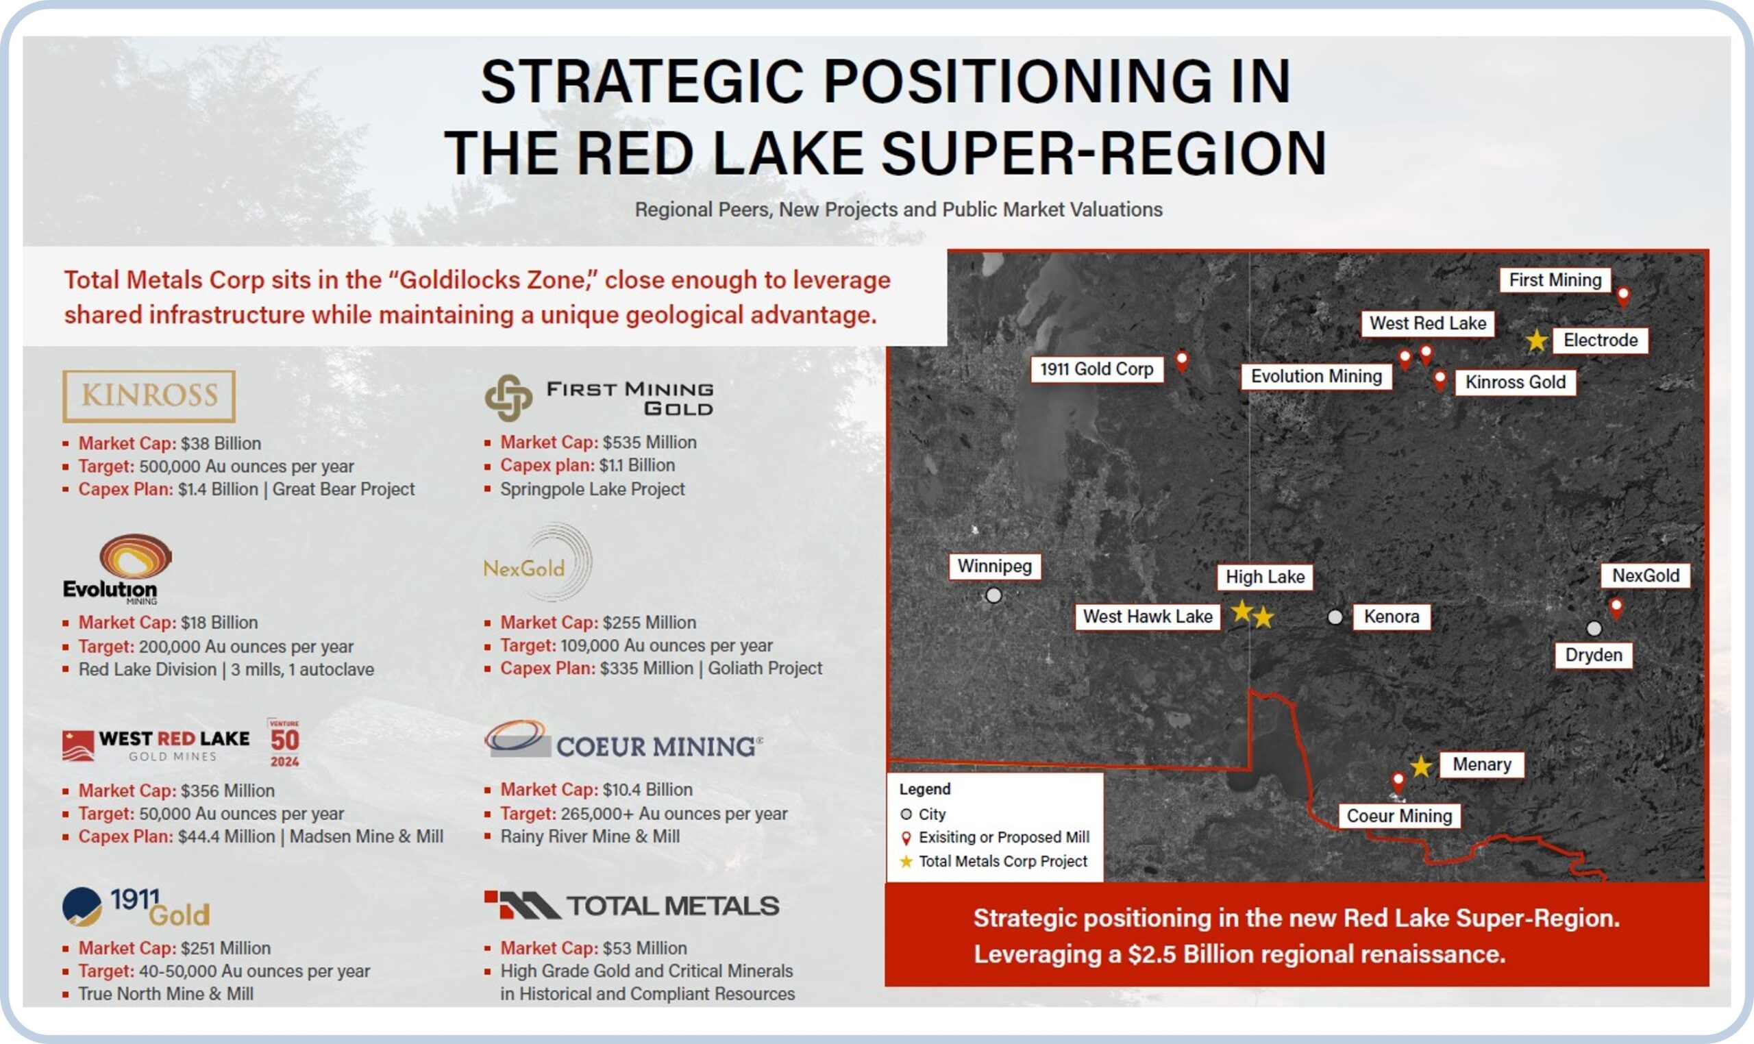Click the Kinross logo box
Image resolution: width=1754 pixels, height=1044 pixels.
pos(149,396)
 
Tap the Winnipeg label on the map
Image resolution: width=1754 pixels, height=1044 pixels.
pos(994,567)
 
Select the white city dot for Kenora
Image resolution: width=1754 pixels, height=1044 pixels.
pos(1335,617)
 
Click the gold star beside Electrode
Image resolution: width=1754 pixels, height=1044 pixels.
pos(1537,340)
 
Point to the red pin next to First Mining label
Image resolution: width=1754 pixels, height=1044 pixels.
pos(1622,296)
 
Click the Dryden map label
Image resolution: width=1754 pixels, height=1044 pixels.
pos(1593,655)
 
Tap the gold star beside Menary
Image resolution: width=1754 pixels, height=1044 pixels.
pos(1420,766)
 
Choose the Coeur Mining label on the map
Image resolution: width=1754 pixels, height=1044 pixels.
pos(1398,816)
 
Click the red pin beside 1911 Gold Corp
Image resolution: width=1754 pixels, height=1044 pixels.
pos(1182,362)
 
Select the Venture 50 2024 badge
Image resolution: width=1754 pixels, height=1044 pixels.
pos(284,743)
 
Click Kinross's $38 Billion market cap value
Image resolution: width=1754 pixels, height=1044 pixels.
pos(221,443)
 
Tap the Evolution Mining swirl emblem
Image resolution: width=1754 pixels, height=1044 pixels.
pos(135,556)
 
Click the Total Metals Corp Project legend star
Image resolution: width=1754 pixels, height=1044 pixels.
pos(906,861)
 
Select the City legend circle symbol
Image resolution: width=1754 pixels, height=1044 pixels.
pos(906,814)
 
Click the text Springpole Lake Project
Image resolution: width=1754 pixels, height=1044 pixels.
pos(593,489)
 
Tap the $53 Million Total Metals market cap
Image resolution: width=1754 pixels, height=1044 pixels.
pos(645,947)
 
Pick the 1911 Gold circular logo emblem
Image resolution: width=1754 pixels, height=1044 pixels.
pos(82,906)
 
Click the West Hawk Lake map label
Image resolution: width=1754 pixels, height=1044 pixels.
pos(1148,617)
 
